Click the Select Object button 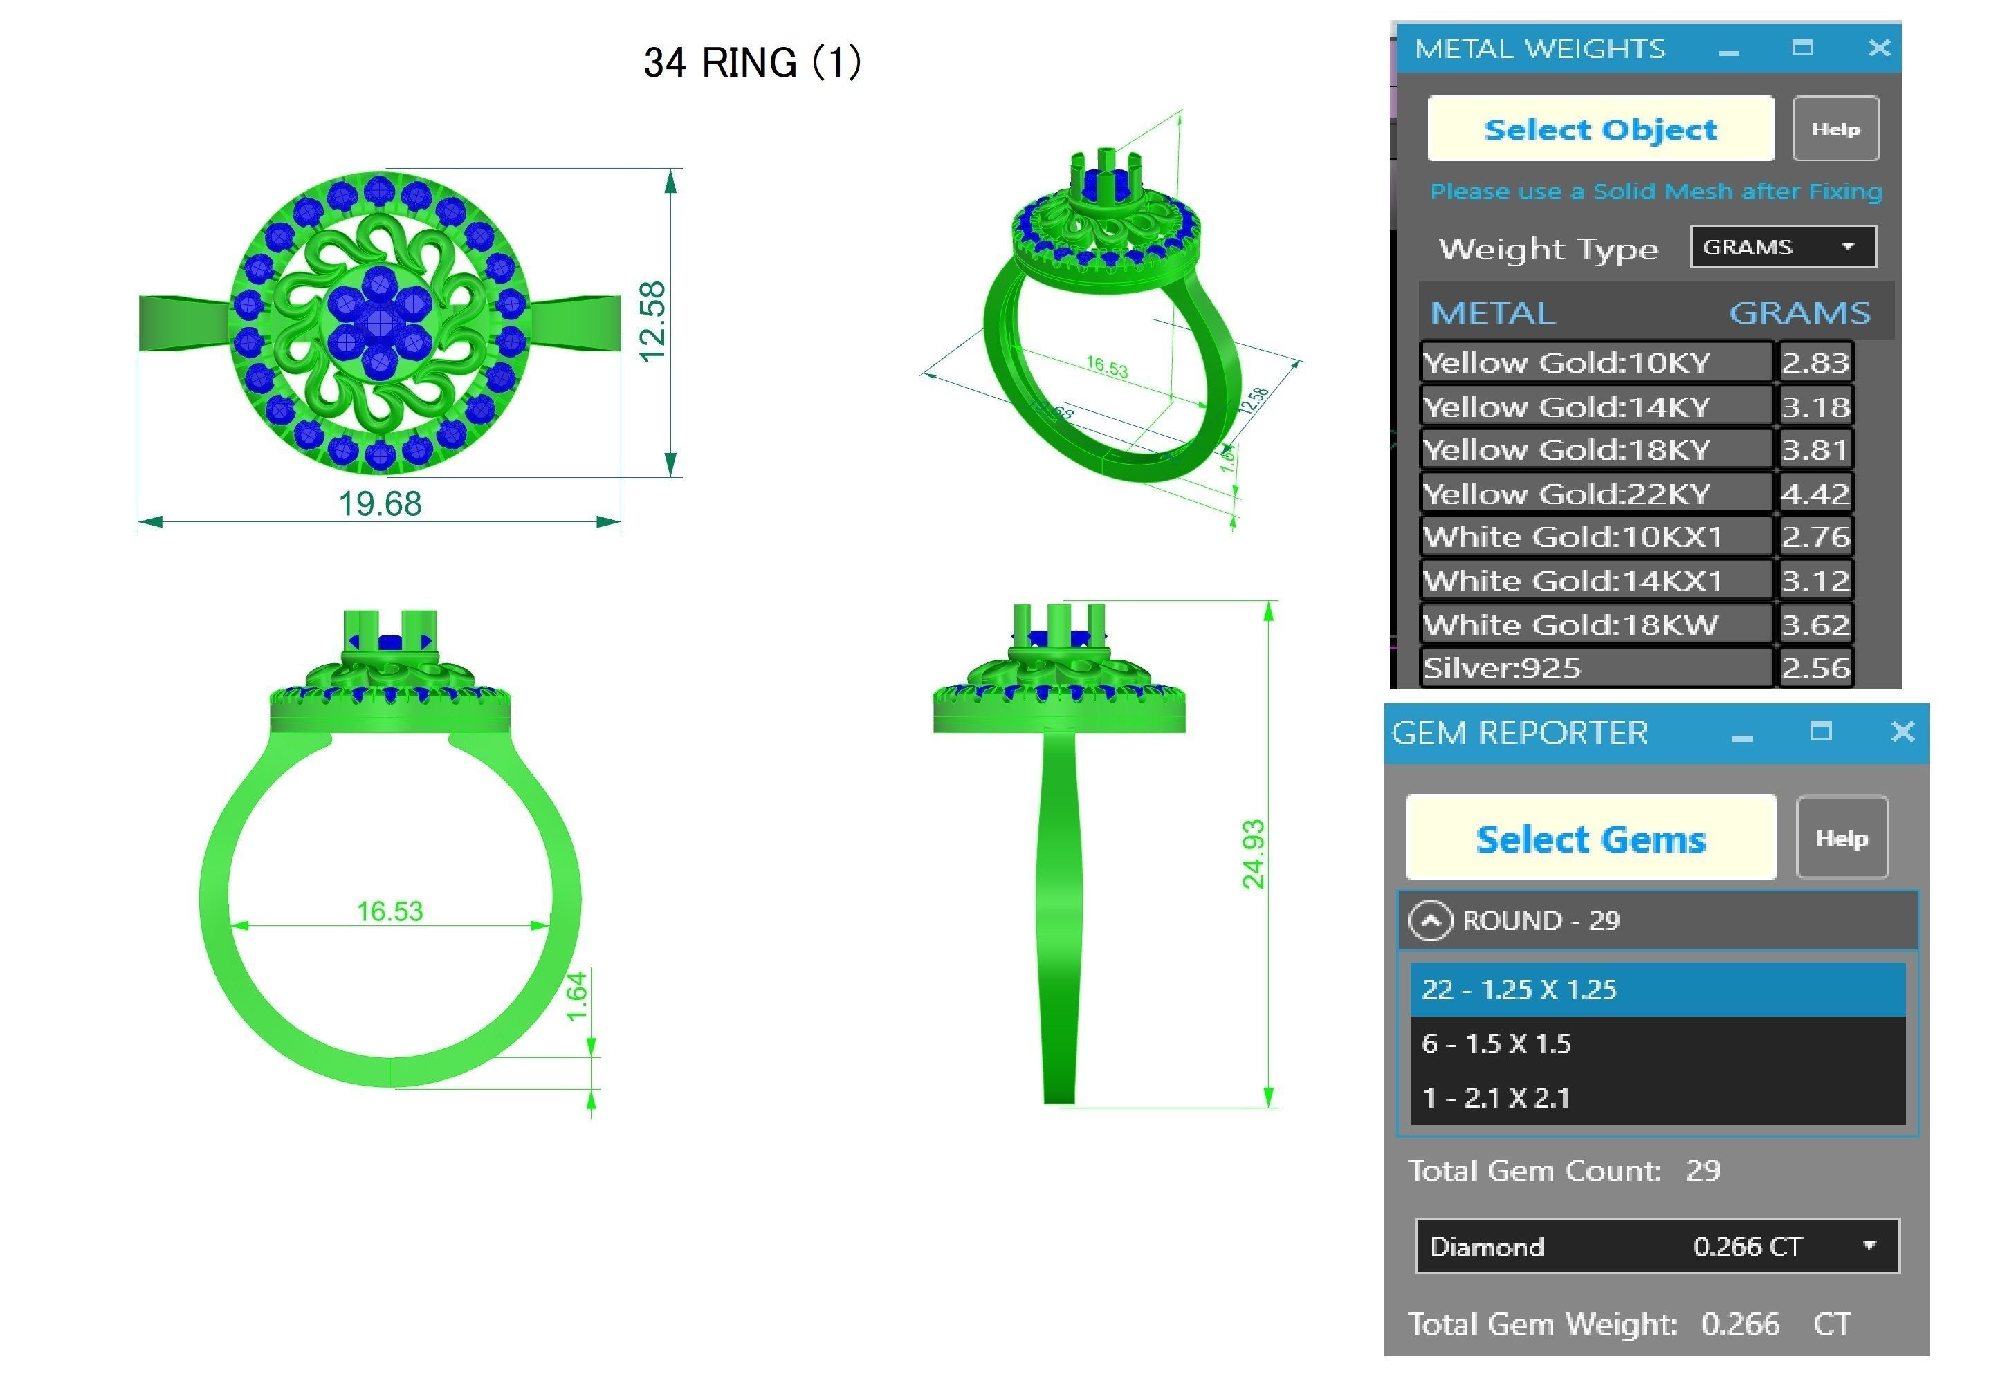1600,129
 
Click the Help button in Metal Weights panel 1834,129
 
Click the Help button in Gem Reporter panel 1841,837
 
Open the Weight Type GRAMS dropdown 1782,247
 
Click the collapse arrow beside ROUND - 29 1429,920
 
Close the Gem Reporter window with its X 1902,732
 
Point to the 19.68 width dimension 380,503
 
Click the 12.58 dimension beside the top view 652,322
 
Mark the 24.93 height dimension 1254,853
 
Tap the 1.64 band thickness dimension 577,996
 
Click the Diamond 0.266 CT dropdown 1656,1246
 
